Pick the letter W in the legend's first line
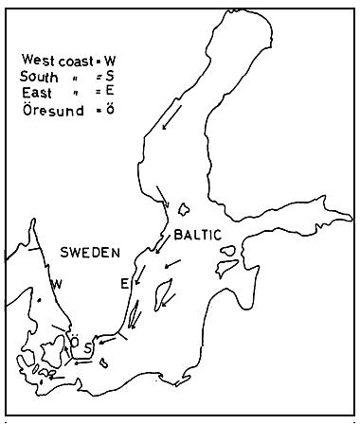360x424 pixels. coord(110,59)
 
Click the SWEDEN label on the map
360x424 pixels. coord(90,253)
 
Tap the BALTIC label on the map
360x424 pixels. coord(197,233)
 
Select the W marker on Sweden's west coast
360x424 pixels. coord(59,284)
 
